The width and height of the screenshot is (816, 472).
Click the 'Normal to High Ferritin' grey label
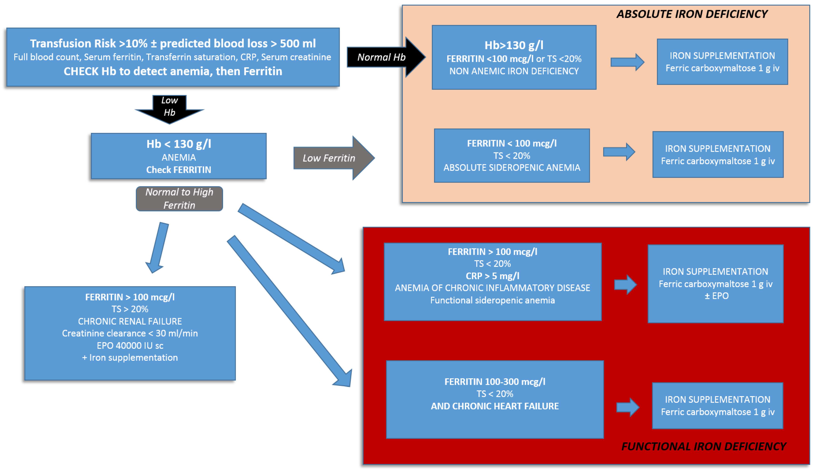click(179, 199)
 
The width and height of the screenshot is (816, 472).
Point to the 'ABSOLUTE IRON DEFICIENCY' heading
click(692, 14)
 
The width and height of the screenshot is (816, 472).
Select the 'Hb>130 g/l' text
click(514, 45)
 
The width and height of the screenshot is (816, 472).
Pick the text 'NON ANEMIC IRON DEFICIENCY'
click(514, 71)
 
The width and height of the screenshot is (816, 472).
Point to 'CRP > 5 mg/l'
click(493, 276)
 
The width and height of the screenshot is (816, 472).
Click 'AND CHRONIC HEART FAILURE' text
click(495, 406)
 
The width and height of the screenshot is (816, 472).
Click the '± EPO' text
click(717, 296)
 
